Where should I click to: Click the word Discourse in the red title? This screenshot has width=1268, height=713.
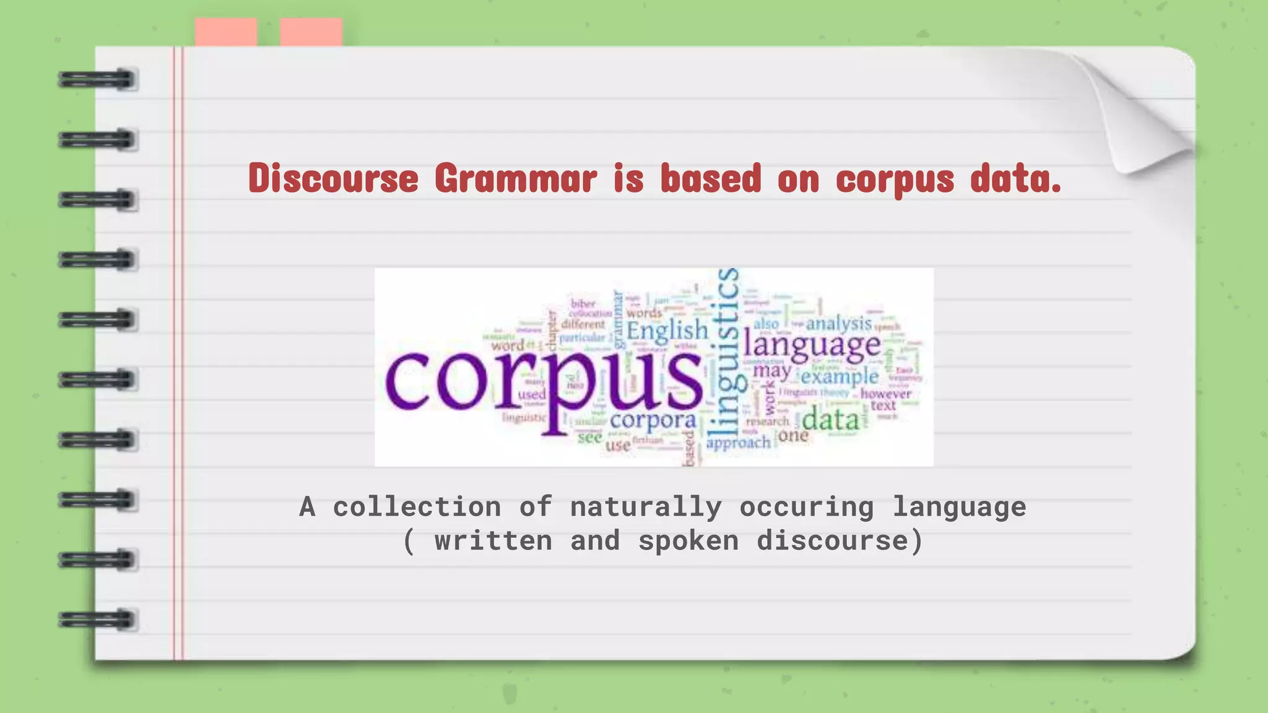click(333, 178)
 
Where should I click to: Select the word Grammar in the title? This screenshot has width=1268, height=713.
click(516, 178)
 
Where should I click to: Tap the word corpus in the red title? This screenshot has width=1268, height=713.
click(895, 179)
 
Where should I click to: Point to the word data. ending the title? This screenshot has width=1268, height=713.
click(1015, 178)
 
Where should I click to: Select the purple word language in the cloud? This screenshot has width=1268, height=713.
click(812, 345)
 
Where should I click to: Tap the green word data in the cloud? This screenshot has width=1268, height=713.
click(831, 420)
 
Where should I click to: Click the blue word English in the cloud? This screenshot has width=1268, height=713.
click(667, 331)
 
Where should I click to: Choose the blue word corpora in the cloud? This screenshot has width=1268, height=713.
click(653, 420)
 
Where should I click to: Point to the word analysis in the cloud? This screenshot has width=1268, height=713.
click(838, 323)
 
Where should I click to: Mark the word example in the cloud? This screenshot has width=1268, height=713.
click(840, 376)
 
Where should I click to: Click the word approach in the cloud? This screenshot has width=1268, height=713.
click(738, 443)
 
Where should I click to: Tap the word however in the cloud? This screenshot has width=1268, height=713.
click(885, 394)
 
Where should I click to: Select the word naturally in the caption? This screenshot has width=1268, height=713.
click(646, 507)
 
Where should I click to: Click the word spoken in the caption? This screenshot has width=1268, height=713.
click(688, 540)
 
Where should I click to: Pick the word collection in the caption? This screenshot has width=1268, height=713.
click(417, 507)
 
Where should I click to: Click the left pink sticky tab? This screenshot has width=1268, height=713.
click(226, 32)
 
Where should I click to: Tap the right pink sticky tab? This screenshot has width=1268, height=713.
click(311, 32)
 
